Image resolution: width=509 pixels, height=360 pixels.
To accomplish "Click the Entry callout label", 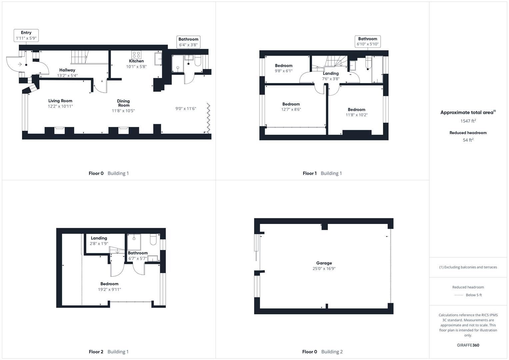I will click(26, 35).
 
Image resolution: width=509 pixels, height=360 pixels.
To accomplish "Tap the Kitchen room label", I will click(136, 61).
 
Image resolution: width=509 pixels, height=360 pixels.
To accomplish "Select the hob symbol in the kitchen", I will click(136, 54).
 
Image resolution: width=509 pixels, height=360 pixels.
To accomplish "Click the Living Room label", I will click(60, 101).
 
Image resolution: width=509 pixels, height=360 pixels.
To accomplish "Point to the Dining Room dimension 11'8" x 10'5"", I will click(123, 111).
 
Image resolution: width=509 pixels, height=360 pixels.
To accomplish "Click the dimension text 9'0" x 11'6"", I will click(186, 108).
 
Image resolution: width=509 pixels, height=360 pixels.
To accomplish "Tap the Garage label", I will click(324, 263).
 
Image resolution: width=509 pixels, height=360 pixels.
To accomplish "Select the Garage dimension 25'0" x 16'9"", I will click(324, 269).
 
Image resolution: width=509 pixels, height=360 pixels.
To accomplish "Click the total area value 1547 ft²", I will click(468, 121).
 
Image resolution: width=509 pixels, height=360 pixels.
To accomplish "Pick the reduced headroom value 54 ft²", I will click(468, 140).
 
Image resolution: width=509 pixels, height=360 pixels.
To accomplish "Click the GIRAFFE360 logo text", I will click(468, 345).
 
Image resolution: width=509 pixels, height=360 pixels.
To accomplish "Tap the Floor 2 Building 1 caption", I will click(109, 352).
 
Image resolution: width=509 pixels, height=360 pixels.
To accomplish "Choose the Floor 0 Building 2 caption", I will click(322, 352).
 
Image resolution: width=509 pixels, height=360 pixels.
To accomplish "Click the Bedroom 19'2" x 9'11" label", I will click(109, 287).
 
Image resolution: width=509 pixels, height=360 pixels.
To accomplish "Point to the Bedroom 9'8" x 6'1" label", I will click(284, 68).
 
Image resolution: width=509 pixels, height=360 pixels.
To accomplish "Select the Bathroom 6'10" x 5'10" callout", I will click(368, 41).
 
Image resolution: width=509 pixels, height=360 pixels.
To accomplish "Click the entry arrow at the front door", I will click(20, 64).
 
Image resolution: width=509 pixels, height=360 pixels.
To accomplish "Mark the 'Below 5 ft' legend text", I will click(474, 295).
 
